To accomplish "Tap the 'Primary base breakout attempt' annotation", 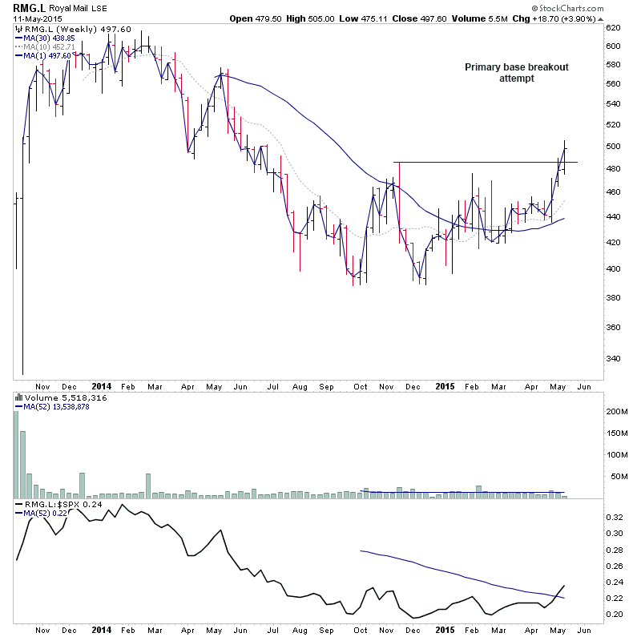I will point(517,73).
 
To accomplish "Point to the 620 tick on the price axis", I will point(615,27).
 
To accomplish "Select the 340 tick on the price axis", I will point(615,358).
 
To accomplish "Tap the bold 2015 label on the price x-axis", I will point(445,385).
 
